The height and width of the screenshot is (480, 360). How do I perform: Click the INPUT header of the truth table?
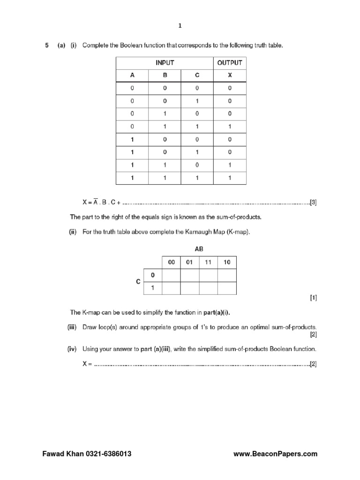pyautogui.click(x=165, y=63)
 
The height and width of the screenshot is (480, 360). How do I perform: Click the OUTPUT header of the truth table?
pyautogui.click(x=230, y=63)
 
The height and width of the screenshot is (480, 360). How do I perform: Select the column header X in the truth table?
pyautogui.click(x=230, y=75)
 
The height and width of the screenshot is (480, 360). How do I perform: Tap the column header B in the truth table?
pyautogui.click(x=165, y=75)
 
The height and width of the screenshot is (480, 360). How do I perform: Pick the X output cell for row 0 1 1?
pyautogui.click(x=230, y=127)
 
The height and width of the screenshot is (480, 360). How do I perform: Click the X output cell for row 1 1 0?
pyautogui.click(x=230, y=165)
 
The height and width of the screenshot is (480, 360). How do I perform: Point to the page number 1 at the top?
pyautogui.click(x=180, y=27)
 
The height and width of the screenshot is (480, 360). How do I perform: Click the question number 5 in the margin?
pyautogui.click(x=46, y=45)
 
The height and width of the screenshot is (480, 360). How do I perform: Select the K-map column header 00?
pyautogui.click(x=171, y=262)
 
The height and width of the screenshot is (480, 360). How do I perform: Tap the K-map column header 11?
pyautogui.click(x=208, y=262)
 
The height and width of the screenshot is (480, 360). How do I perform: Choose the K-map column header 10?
pyautogui.click(x=227, y=262)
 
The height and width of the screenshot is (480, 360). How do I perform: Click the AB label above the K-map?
pyautogui.click(x=199, y=249)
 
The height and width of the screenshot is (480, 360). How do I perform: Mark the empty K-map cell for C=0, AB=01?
pyautogui.click(x=189, y=275)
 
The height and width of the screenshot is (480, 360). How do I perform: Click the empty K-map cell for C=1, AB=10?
pyautogui.click(x=227, y=288)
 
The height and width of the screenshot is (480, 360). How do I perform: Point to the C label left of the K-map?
pyautogui.click(x=138, y=282)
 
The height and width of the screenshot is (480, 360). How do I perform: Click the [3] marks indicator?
pyautogui.click(x=313, y=203)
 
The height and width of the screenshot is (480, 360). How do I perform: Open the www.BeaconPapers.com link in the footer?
pyautogui.click(x=275, y=454)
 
